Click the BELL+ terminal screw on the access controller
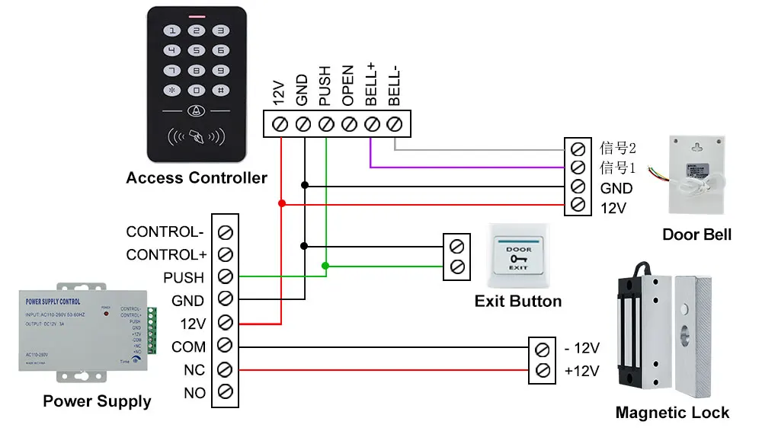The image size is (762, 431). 372,123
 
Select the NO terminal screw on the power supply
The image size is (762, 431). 226,392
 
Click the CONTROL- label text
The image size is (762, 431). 165,231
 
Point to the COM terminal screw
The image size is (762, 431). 226,346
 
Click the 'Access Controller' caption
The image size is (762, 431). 197,178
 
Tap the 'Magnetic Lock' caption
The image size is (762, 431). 672,413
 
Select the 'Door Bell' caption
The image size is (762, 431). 696,234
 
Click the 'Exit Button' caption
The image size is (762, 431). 518,301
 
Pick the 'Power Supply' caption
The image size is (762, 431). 97,401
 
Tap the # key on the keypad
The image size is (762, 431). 220,90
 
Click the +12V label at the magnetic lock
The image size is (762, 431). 581,372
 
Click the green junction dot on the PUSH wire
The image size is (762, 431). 325,266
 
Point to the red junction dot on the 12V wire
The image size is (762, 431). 282,203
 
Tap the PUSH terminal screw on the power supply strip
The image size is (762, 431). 226,277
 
